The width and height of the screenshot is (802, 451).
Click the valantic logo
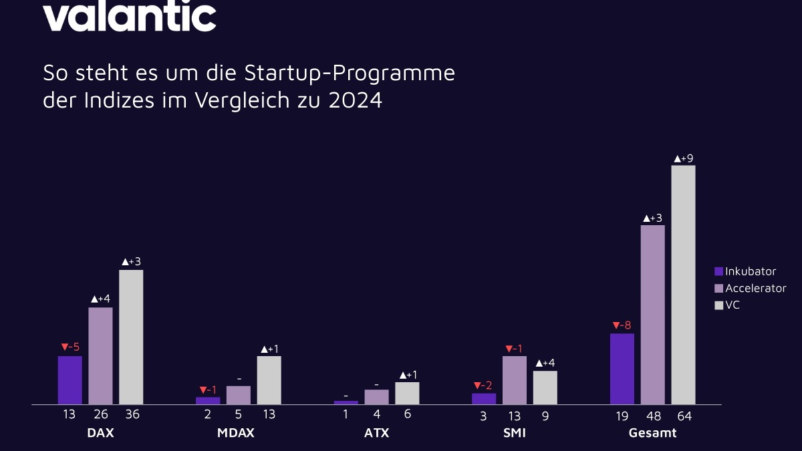coord(130,16)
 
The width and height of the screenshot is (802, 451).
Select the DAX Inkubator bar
coord(70,380)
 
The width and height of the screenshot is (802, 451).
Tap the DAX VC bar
coord(131,337)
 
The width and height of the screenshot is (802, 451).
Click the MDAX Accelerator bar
coord(239,395)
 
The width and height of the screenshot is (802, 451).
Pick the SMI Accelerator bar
coord(515,380)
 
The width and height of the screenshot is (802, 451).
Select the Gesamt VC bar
coord(683,285)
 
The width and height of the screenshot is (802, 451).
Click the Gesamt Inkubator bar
coord(622,369)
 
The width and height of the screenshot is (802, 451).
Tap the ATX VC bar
coord(407,393)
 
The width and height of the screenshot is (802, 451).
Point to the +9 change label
coord(683,158)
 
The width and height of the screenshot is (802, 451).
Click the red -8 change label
coord(622,326)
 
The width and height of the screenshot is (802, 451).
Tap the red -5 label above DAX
coord(70,347)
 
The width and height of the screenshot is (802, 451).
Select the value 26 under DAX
coord(100,415)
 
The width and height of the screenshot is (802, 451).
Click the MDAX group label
coord(235,433)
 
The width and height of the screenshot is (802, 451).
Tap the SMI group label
coord(514,433)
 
